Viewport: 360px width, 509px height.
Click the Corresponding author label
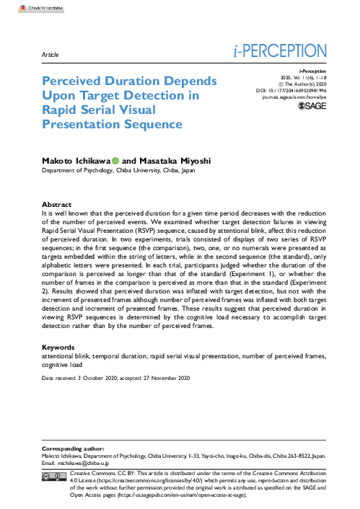coord(73,448)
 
